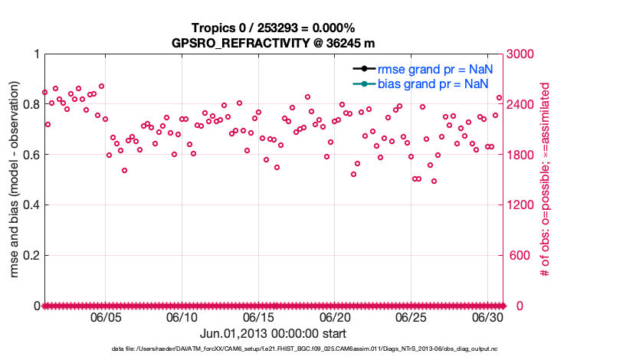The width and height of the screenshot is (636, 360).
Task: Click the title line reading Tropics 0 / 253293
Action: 273,28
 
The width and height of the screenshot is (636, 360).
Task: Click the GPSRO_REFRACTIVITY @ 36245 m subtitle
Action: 273,43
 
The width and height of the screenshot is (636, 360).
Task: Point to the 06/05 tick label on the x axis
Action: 106,317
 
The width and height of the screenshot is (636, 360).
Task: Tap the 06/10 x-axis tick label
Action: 182,317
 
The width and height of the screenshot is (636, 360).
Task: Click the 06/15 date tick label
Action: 258,317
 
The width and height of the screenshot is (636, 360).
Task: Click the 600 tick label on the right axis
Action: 520,255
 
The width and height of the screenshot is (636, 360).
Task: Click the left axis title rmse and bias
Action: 15,180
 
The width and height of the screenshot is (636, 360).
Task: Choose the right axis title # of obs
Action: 546,180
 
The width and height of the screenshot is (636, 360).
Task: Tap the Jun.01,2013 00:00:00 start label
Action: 273,333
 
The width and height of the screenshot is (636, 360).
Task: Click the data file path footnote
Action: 273,349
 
